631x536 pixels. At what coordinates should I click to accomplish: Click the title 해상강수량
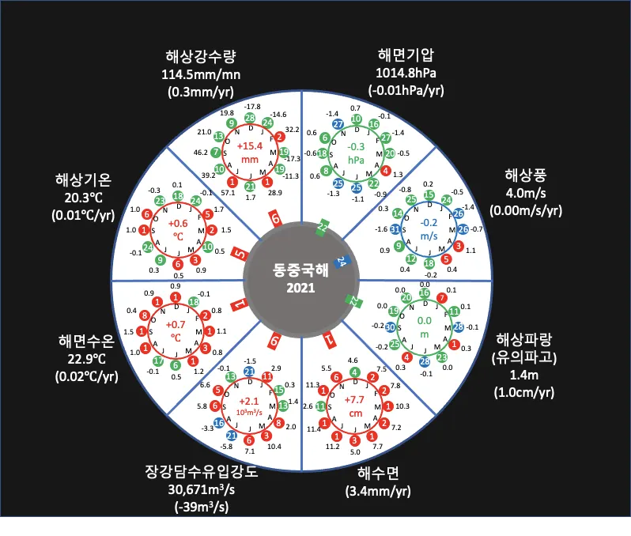202,57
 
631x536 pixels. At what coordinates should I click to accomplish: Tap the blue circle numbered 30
391,327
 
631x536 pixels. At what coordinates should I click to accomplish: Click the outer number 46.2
200,152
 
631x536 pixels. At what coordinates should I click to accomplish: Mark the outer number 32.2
292,128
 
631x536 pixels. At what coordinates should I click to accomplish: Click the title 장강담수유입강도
201,472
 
